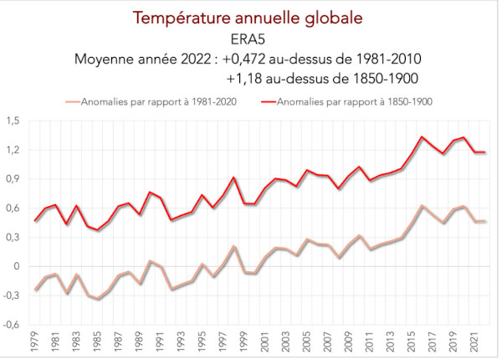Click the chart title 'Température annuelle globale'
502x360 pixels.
251,18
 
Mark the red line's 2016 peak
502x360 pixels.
423,136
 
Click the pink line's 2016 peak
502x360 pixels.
423,205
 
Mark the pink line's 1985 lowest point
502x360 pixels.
99,299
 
